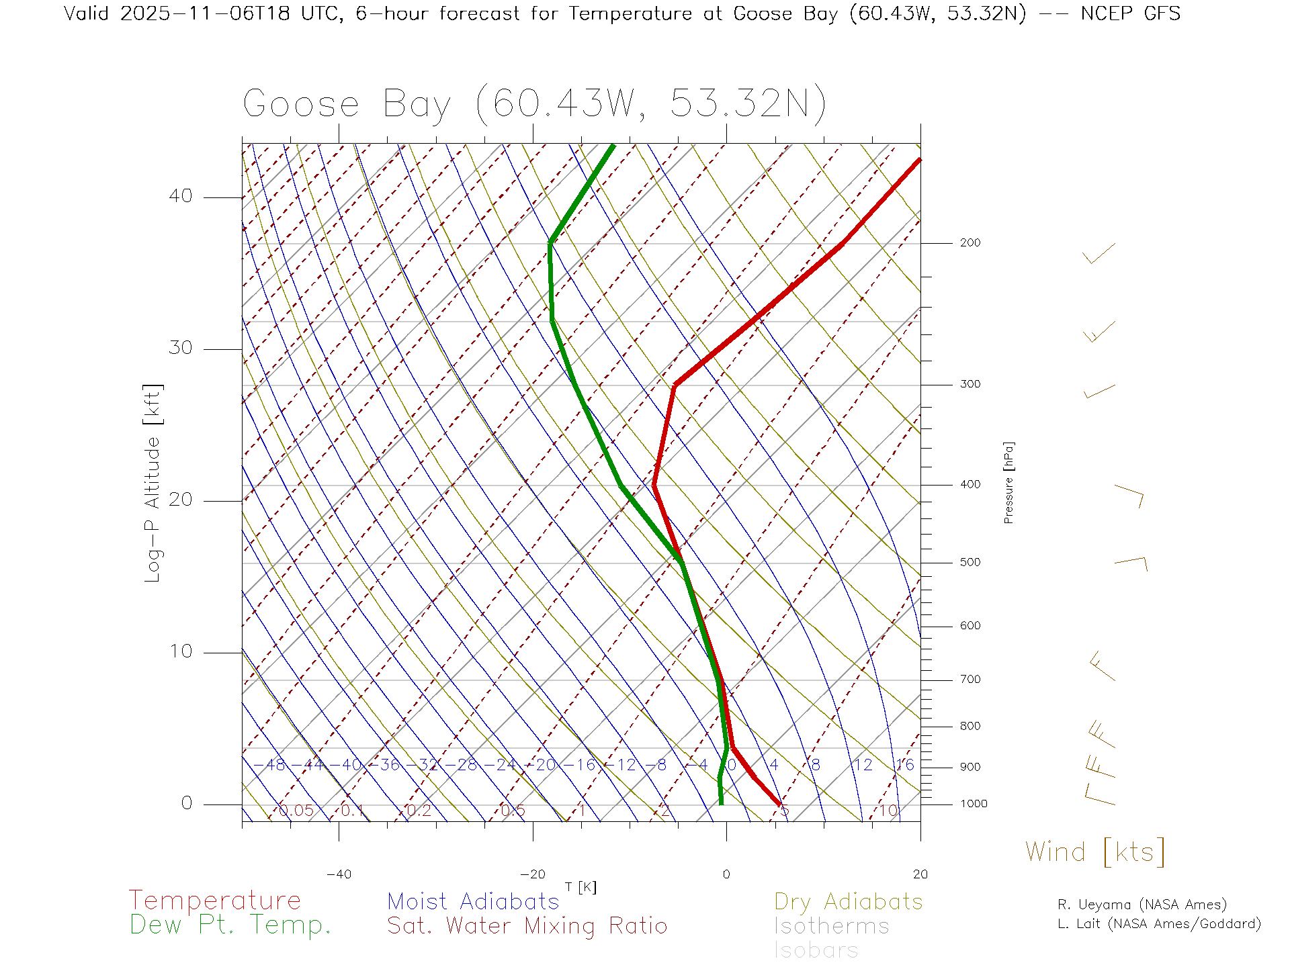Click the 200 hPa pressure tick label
[970, 243]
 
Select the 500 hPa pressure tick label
[970, 563]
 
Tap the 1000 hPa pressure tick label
[974, 804]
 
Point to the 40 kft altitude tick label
[181, 196]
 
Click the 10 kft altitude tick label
[181, 651]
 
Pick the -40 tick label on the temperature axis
[339, 874]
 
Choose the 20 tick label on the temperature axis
[920, 874]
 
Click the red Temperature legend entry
[215, 901]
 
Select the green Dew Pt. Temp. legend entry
[230, 925]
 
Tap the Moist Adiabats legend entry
[473, 901]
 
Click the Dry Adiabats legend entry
[849, 901]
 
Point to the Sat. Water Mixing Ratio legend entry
[527, 926]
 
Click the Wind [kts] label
[1095, 852]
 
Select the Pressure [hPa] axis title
[1008, 482]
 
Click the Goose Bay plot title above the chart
[534, 104]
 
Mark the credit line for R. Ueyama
[1142, 905]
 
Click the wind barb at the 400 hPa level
[1130, 496]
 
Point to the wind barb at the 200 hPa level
[1099, 254]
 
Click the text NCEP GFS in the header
[1130, 13]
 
